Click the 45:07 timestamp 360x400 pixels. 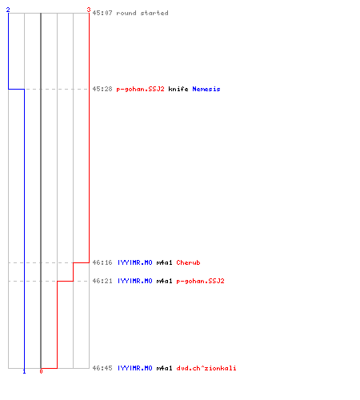click(102, 13)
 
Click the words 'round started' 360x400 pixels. click(142, 13)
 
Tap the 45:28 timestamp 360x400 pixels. click(102, 89)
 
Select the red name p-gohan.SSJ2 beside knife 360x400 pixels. click(140, 89)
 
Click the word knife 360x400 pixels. click(178, 89)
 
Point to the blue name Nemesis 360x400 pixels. click(206, 89)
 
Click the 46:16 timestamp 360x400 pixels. click(102, 262)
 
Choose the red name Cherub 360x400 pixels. click(188, 262)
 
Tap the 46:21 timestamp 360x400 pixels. click(102, 281)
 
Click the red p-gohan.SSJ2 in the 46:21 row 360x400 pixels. click(200, 281)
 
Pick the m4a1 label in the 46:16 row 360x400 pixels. click(164, 262)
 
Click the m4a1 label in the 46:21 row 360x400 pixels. click(164, 281)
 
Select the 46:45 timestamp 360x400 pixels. click(102, 368)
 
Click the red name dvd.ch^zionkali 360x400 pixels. click(206, 368)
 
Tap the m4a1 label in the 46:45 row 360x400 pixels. click(164, 368)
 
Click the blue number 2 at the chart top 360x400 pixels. click(8, 10)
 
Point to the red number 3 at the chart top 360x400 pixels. click(89, 10)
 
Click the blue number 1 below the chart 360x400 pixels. click(24, 371)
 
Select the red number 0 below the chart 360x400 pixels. click(41, 371)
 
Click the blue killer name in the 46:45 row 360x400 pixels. click(135, 368)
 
